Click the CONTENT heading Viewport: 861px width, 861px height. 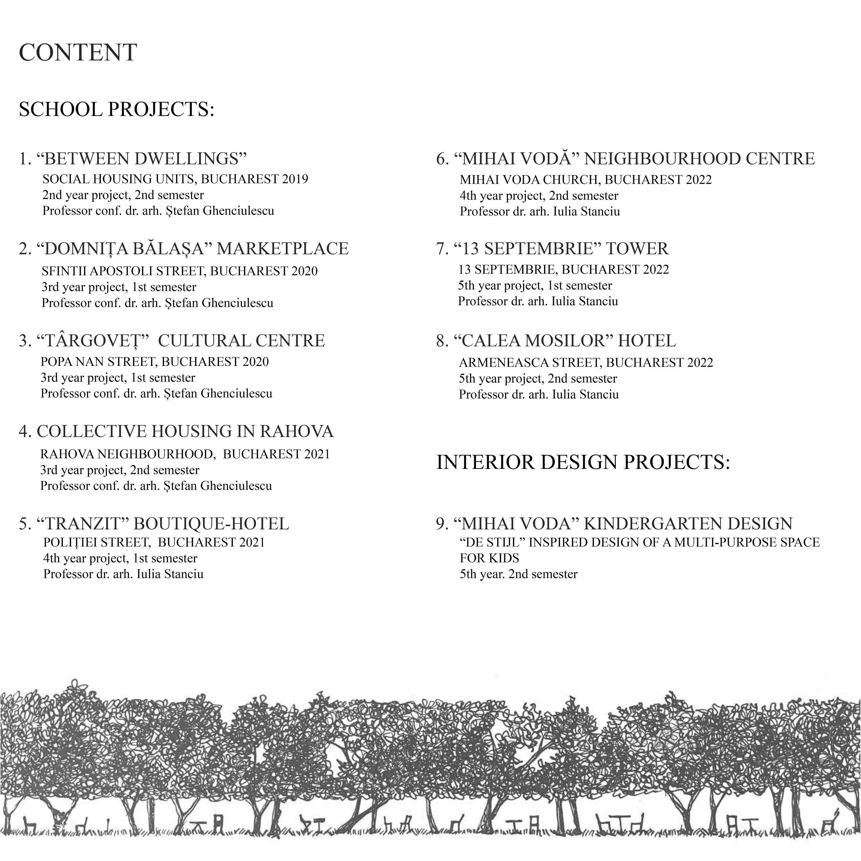coord(78,52)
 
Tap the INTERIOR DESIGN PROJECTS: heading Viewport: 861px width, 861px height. coord(583,462)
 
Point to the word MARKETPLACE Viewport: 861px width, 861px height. coord(283,249)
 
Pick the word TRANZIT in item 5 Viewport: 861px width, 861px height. coord(83,524)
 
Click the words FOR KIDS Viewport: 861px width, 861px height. coord(489,558)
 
